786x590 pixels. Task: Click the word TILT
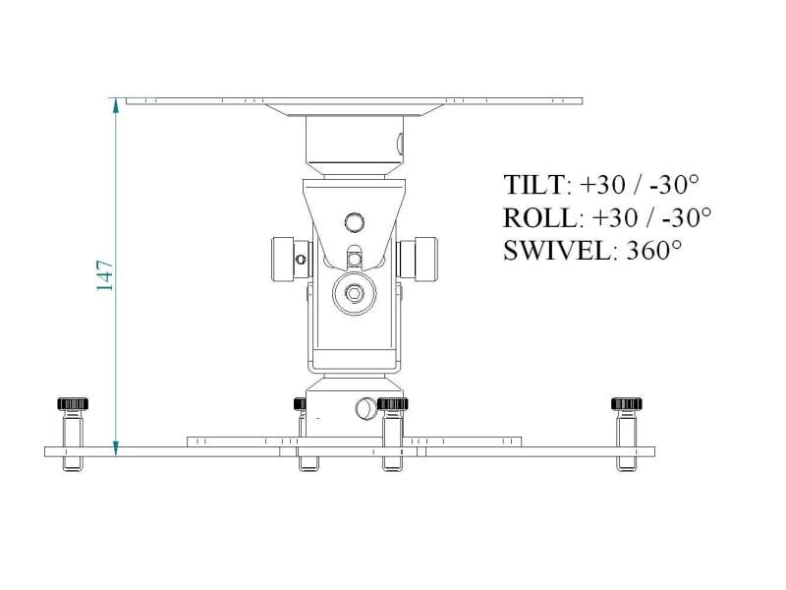point(534,185)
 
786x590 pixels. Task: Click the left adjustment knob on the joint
point(282,258)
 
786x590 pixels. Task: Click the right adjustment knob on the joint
point(421,258)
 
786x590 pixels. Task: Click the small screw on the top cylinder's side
point(399,144)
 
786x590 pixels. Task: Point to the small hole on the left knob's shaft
point(301,260)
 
